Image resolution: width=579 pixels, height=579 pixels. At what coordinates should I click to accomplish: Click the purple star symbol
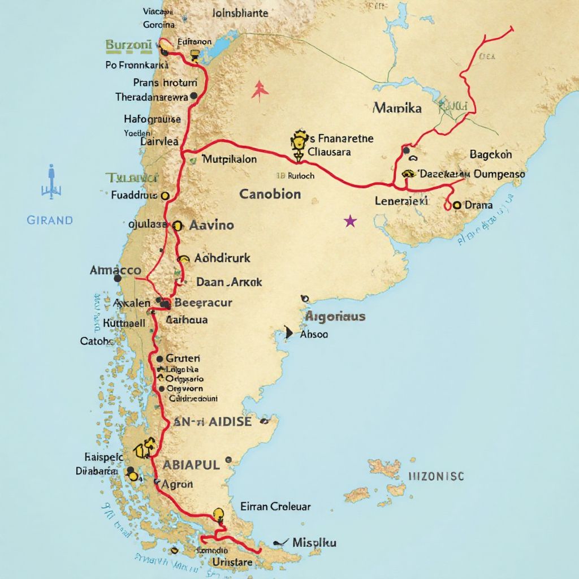point(351,221)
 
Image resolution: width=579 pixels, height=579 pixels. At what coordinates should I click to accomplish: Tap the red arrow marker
point(260,89)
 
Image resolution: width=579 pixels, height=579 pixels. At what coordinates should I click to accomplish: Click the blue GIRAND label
point(50,220)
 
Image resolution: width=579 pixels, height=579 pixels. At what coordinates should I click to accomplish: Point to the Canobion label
point(270,195)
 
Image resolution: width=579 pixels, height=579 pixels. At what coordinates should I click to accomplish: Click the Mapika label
point(397,107)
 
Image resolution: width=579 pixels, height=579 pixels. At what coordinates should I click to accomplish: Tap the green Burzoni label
point(128,44)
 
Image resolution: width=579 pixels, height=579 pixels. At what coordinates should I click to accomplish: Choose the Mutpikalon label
point(229,159)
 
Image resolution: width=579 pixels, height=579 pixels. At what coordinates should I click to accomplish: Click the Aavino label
point(211,225)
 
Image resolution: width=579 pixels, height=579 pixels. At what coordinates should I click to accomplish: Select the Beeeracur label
point(204,303)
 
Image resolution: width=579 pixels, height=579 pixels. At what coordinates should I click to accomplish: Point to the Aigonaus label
point(335,317)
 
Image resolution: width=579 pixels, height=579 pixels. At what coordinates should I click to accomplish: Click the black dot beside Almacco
point(118,278)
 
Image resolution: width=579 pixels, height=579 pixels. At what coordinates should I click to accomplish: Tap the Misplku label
point(314,543)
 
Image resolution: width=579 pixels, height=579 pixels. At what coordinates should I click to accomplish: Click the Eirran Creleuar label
point(275,507)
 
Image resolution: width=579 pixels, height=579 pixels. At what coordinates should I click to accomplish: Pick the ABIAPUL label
point(191,465)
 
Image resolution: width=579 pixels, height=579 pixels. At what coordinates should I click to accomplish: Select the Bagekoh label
point(491,154)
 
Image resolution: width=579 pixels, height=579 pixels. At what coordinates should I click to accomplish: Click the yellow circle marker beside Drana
point(456,205)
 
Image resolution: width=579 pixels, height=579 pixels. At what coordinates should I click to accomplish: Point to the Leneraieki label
point(401,201)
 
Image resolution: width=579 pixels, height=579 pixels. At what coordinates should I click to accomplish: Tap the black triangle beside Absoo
point(289,333)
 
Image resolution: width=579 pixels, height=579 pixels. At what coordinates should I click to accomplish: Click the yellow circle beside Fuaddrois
point(165,196)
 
